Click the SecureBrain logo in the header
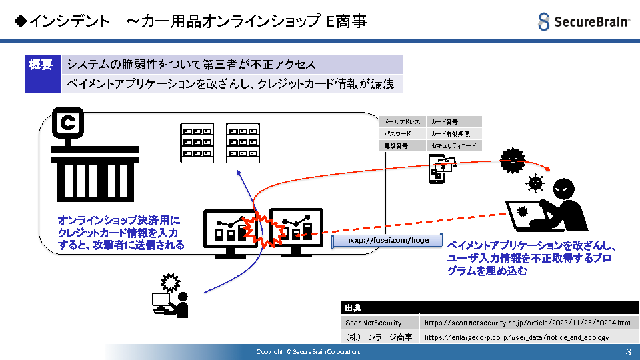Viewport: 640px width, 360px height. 583,21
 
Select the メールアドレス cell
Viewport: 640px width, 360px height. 402,122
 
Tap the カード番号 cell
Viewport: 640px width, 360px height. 453,122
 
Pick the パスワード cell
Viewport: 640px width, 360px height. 402,133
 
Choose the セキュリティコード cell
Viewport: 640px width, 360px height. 453,145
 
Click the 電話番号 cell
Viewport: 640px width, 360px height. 402,145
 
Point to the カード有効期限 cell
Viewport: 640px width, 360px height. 453,133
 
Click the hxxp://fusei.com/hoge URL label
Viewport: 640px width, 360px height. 387,240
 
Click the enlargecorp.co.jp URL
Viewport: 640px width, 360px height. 517,337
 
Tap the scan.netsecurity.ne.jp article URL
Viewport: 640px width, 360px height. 527,323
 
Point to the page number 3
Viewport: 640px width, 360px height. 628,351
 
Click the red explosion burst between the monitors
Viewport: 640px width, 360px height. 262,230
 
